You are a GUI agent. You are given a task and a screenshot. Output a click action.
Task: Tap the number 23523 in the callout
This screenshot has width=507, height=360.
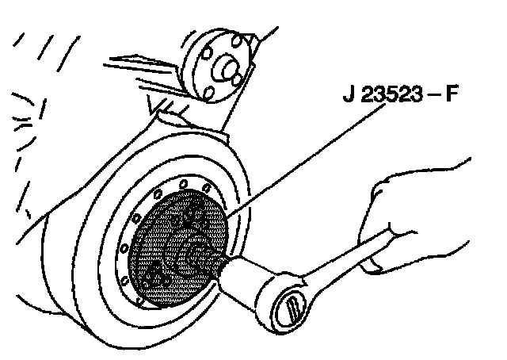click(392, 99)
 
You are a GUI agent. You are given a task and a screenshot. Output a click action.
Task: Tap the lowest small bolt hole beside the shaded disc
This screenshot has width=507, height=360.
click(141, 302)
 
